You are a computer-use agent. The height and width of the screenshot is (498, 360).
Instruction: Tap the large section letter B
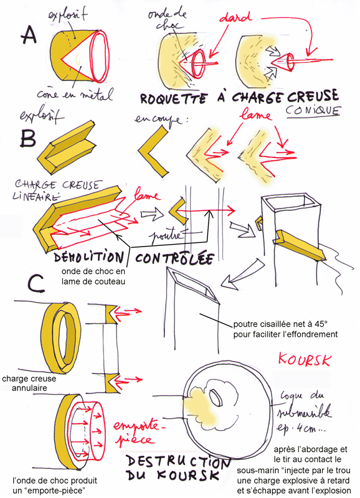(x=27, y=136)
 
